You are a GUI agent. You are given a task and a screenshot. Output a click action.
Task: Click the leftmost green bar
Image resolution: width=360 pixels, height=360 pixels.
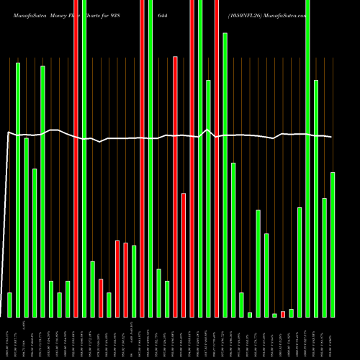pyautogui.click(x=9, y=305)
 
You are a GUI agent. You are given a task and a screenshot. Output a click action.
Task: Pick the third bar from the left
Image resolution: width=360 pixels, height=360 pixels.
pyautogui.click(x=26, y=227)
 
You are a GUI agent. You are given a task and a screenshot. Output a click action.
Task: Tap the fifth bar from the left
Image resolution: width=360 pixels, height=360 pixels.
pyautogui.click(x=42, y=191)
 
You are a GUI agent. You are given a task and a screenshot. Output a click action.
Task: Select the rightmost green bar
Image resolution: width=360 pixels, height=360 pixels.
pyautogui.click(x=333, y=245)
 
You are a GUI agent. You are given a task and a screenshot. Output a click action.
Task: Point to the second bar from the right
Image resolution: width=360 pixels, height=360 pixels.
pyautogui.click(x=325, y=257)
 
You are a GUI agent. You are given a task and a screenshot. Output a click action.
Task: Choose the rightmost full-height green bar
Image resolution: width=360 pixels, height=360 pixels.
pyautogui.click(x=308, y=158)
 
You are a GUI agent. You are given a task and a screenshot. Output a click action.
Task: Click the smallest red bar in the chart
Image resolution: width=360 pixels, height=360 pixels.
pyautogui.click(x=283, y=314)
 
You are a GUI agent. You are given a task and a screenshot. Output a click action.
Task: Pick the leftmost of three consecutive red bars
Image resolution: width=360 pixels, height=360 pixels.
pyautogui.click(x=117, y=279)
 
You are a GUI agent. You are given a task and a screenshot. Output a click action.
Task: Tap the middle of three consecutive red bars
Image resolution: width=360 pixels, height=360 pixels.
pyautogui.click(x=125, y=280)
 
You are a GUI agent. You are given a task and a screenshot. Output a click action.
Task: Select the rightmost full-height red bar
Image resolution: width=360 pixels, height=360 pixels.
pyautogui.click(x=217, y=158)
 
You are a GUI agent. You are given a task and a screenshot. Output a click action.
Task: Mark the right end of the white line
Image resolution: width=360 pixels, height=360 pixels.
pyautogui.click(x=332, y=137)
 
